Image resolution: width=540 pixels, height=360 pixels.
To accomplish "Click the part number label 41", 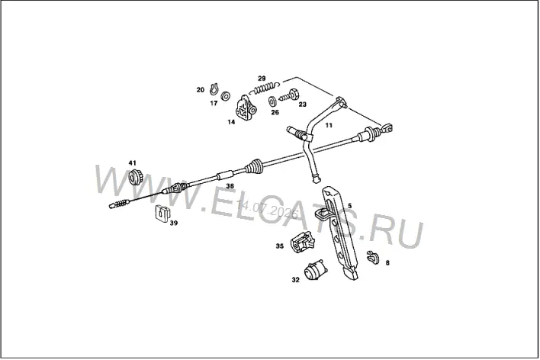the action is click(133, 162).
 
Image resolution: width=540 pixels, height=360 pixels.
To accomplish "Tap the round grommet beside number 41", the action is click(134, 177).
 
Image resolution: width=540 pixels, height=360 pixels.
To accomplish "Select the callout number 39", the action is click(174, 223).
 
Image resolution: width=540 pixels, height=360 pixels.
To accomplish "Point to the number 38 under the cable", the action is click(230, 186).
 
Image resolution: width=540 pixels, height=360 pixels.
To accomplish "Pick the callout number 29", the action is click(262, 79).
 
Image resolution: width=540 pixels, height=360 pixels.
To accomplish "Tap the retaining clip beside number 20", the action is click(214, 89).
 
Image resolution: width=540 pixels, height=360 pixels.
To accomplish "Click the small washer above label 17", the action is click(226, 96).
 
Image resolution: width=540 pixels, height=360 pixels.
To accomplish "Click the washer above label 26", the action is click(272, 101).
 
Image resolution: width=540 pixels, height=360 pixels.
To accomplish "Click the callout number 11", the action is click(329, 125).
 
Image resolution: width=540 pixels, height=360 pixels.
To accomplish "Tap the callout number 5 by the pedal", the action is click(350, 206).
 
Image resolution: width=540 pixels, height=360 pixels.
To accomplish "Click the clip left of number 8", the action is click(373, 257).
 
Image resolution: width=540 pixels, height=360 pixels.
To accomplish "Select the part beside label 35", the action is click(303, 241).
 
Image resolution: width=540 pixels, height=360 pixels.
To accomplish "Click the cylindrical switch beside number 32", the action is click(314, 271).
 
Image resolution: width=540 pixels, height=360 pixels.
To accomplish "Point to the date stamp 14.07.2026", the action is click(268, 210).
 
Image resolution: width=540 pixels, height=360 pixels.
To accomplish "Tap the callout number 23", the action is click(302, 104).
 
